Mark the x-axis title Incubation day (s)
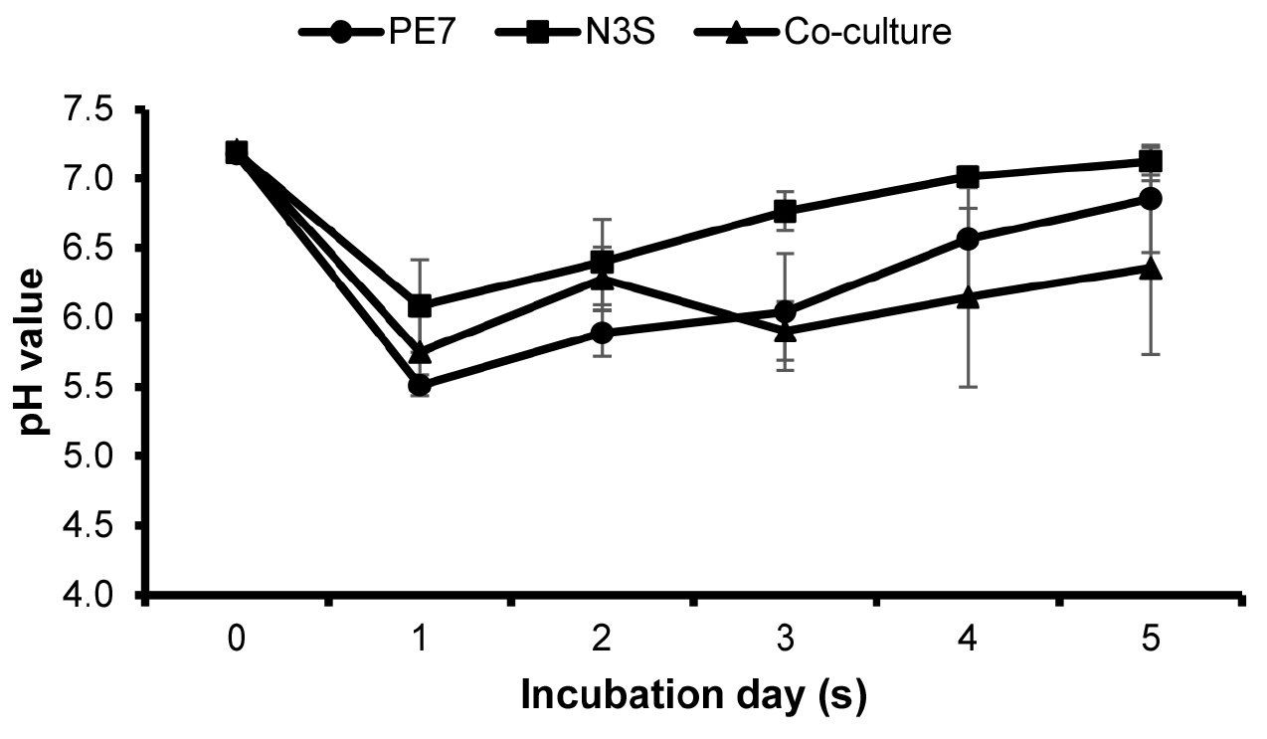pos(693,695)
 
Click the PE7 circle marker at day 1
pos(419,386)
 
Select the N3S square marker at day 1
pos(420,305)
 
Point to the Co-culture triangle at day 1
pos(420,351)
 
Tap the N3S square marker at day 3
pos(785,211)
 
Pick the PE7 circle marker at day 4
pos(968,239)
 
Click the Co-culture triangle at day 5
pos(1151,268)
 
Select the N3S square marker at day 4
pos(968,177)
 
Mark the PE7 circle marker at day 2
pos(602,332)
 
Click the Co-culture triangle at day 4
pos(968,296)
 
